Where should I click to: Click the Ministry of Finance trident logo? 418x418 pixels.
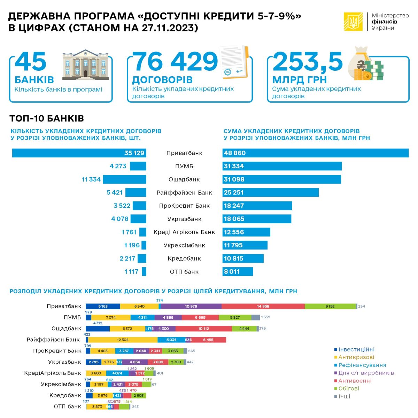pyautogui.click(x=353, y=22)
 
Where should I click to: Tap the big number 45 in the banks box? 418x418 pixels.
pyautogui.click(x=31, y=62)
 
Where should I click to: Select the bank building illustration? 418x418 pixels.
pyautogui.click(x=85, y=64)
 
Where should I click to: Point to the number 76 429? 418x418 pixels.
pyautogui.click(x=176, y=62)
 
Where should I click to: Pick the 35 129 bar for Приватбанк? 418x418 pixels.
pyautogui.click(x=79, y=153)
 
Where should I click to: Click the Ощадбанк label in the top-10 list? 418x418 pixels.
pyautogui.click(x=184, y=179)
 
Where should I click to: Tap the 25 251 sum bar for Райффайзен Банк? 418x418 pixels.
pyautogui.click(x=271, y=193)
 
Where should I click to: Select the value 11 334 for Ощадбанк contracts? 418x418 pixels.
pyautogui.click(x=91, y=179)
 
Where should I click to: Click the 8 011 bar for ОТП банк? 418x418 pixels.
pyautogui.click(x=238, y=272)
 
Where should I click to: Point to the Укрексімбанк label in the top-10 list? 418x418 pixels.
pyautogui.click(x=184, y=245)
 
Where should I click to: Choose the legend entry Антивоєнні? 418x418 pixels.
pyautogui.click(x=355, y=381)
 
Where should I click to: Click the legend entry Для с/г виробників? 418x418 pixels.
pyautogui.click(x=366, y=373)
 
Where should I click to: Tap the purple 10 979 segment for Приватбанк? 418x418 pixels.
pyautogui.click(x=191, y=307)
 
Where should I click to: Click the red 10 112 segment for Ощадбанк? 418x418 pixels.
pyautogui.click(x=203, y=328)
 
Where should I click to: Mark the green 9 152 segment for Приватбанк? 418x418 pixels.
pyautogui.click(x=330, y=307)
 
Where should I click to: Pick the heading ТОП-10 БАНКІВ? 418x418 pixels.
pyautogui.click(x=47, y=118)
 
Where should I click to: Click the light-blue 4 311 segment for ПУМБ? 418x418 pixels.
pyautogui.click(x=142, y=317)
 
